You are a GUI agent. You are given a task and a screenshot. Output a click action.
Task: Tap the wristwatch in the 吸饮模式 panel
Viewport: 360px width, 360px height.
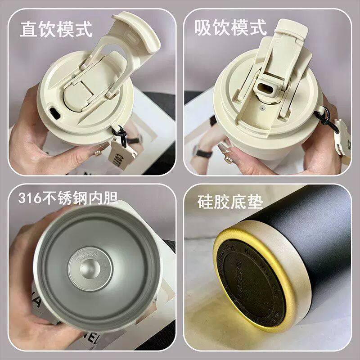[x=205, y=153]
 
